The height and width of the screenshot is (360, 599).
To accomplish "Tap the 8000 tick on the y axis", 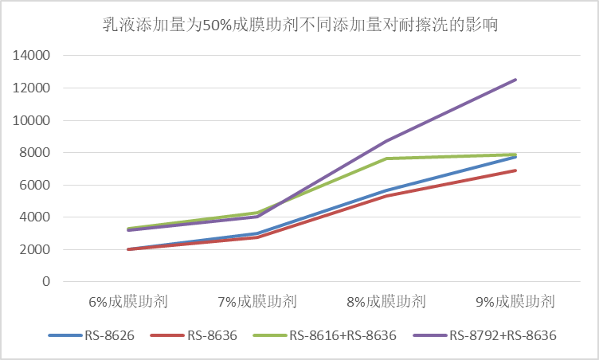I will (36, 153).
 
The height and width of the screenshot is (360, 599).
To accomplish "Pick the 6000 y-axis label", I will (36, 185).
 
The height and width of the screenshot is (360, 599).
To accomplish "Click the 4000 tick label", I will (36, 217).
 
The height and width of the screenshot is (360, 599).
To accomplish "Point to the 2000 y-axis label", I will (36, 249).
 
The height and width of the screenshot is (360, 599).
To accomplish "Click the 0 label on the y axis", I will (46, 282).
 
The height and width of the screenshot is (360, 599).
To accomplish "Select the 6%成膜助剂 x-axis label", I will (128, 302).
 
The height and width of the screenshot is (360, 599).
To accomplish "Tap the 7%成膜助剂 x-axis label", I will (257, 302).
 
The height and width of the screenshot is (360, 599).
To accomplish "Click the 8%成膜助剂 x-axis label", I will (386, 302).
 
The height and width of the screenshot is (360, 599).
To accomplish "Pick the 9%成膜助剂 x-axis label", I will (515, 302).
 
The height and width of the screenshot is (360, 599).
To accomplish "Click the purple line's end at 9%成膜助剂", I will (515, 80).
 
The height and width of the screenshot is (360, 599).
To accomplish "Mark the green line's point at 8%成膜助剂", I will (386, 158).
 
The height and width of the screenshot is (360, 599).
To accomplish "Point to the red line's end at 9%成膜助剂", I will (515, 170).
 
